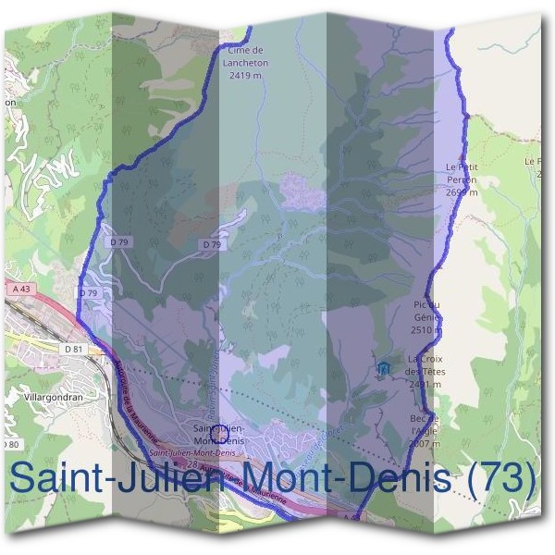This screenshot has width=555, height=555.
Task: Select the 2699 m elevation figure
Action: tap(460, 193)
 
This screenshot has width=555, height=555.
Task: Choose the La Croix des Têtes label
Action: tap(426, 365)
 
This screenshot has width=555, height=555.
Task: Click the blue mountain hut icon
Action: tap(382, 369)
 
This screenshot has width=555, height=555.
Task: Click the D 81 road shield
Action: tap(74, 349)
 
